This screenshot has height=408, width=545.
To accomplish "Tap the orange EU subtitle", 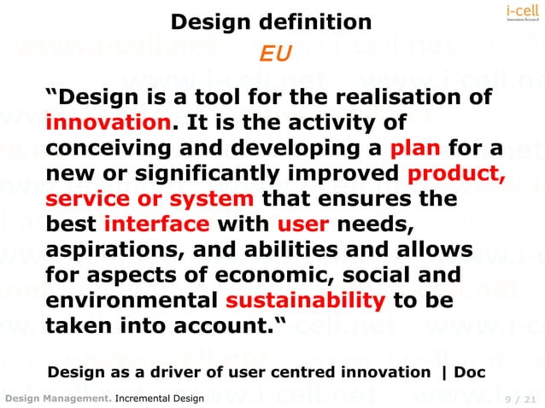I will click(x=276, y=54).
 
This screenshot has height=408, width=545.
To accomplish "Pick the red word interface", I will click(x=156, y=226).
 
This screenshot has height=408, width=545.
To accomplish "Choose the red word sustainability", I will click(x=306, y=301).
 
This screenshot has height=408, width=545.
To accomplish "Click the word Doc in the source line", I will click(x=470, y=372).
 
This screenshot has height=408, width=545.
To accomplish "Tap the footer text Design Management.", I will click(x=57, y=399).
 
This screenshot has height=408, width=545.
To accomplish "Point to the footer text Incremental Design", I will click(x=160, y=399).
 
